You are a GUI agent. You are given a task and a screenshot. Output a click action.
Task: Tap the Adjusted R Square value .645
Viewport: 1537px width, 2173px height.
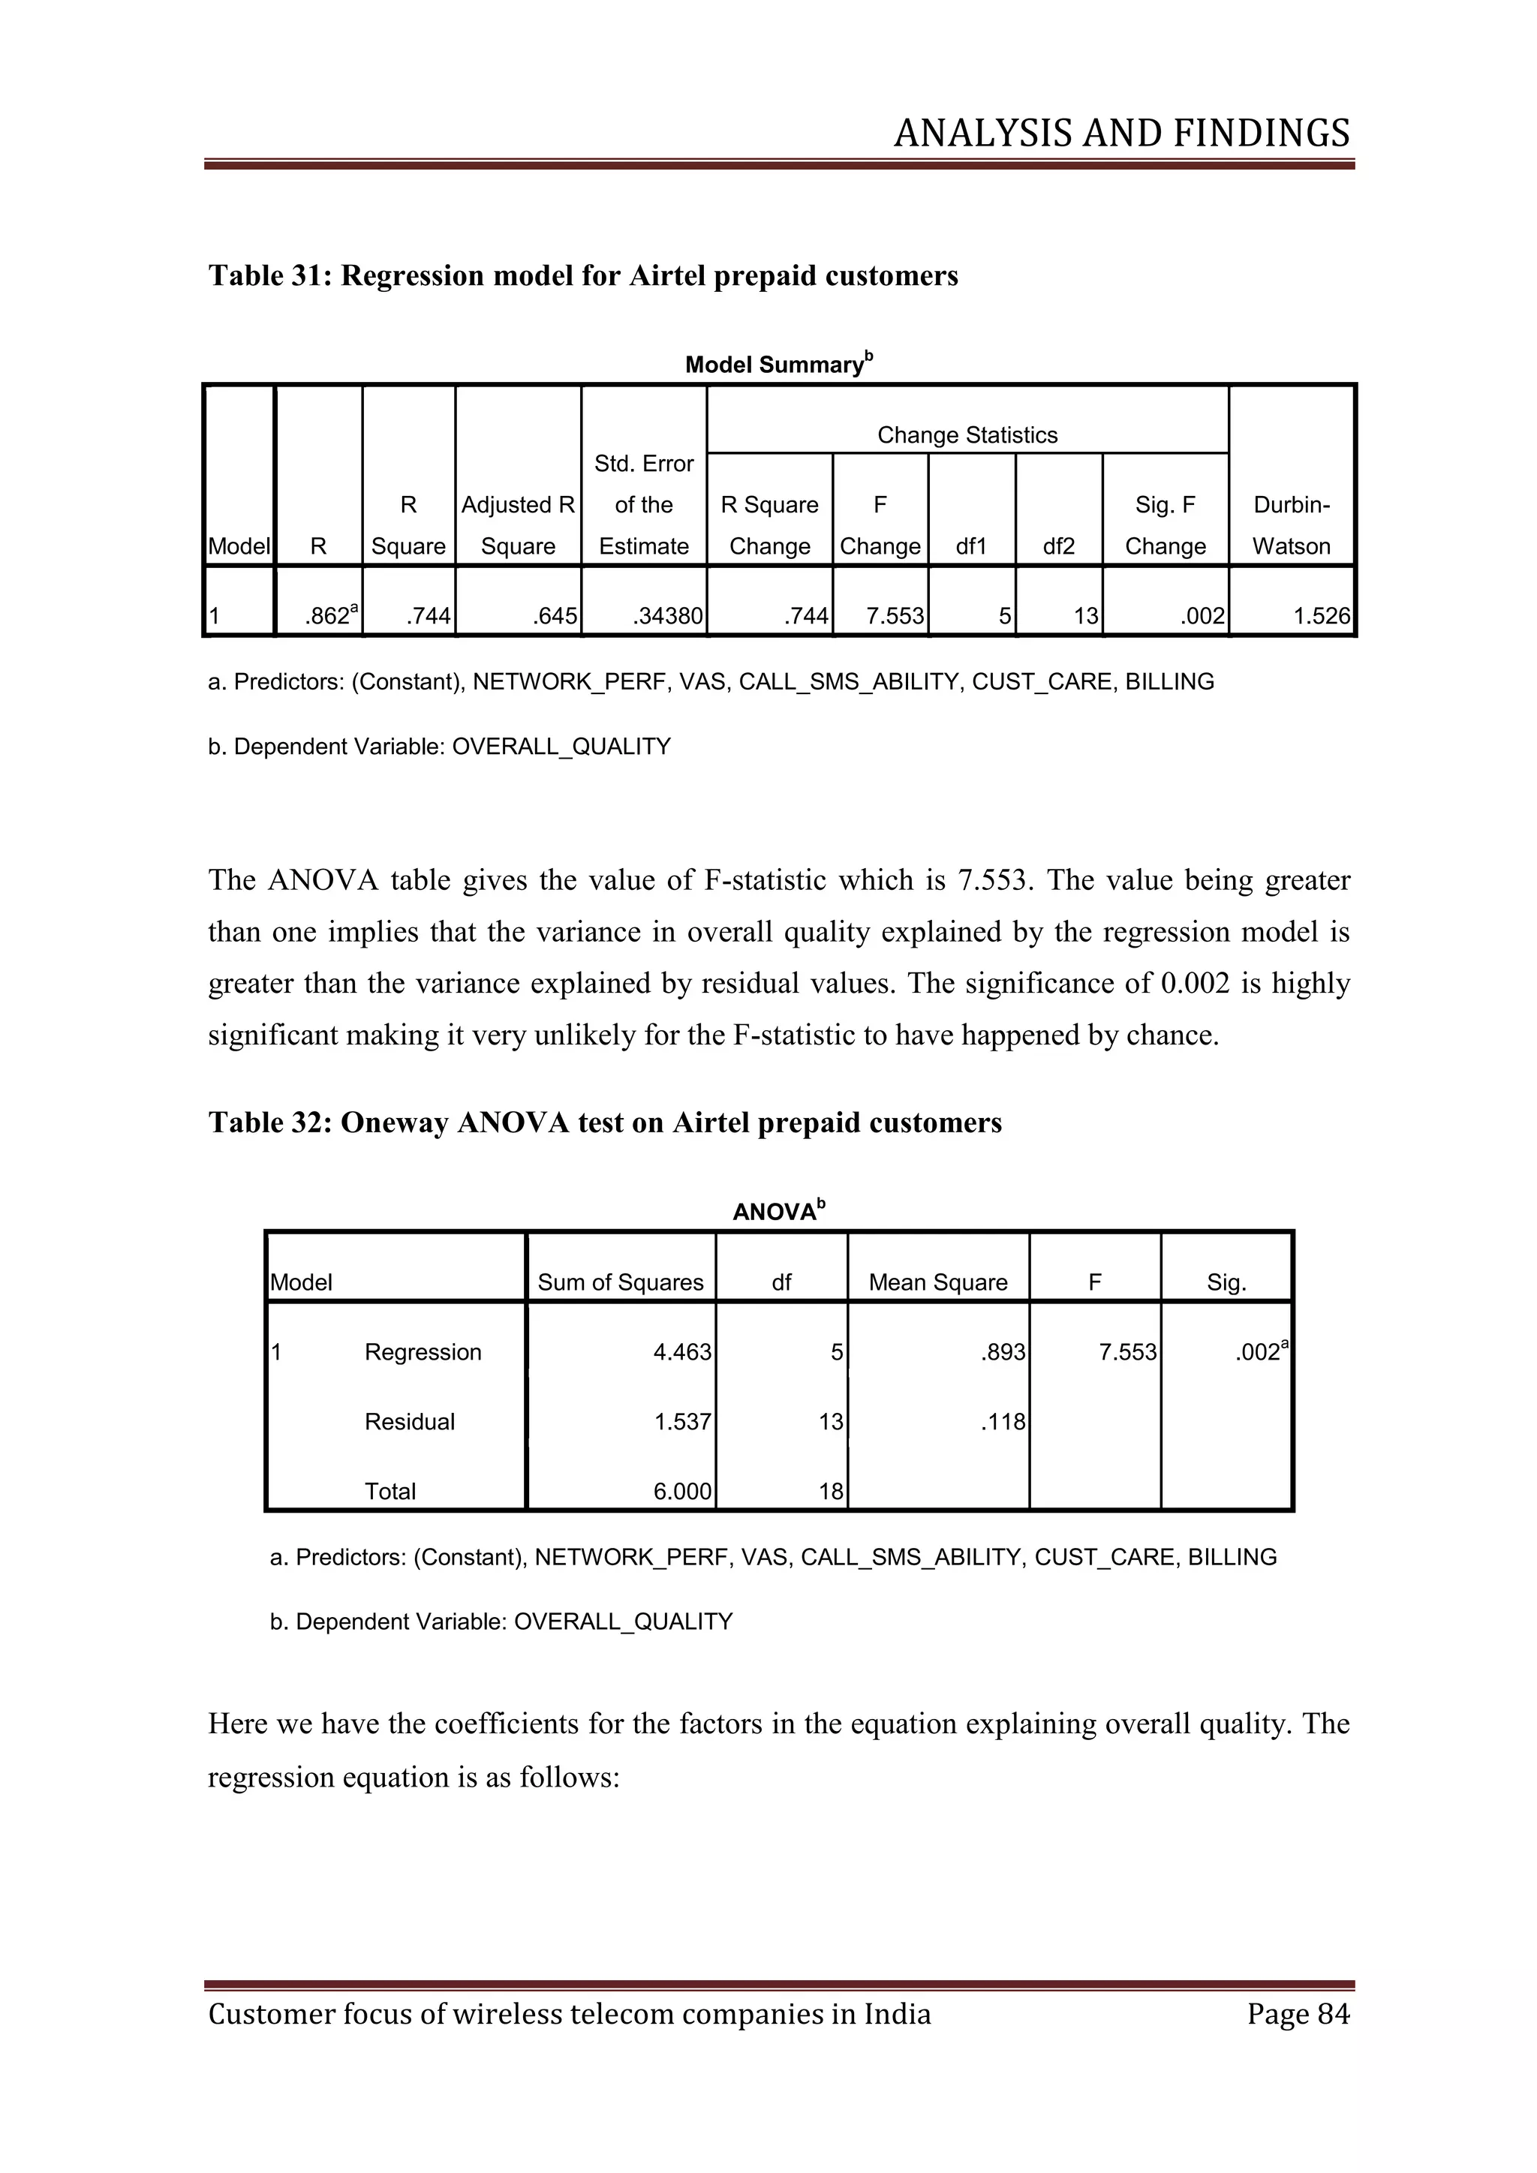pyautogui.click(x=555, y=617)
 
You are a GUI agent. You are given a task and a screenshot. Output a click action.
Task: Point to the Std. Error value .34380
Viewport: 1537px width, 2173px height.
pyautogui.click(x=667, y=617)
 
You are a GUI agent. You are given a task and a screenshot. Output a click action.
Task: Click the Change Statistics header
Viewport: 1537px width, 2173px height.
pyautogui.click(x=967, y=435)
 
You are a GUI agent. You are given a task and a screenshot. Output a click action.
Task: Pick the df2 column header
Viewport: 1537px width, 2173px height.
pyautogui.click(x=1058, y=547)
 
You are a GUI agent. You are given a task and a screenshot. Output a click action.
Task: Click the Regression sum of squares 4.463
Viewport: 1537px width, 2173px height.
pyautogui.click(x=681, y=1352)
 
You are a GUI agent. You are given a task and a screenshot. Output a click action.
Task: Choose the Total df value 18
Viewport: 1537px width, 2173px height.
pyautogui.click(x=830, y=1492)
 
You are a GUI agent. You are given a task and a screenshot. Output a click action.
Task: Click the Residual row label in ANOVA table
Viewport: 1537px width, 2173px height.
pyautogui.click(x=409, y=1422)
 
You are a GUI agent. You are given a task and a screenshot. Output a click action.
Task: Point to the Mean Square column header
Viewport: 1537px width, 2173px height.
pyautogui.click(x=938, y=1282)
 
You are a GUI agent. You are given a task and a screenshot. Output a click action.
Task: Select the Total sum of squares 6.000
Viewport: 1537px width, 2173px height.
pyautogui.click(x=681, y=1492)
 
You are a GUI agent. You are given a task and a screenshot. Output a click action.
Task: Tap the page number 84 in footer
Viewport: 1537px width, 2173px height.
pyautogui.click(x=1333, y=2014)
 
